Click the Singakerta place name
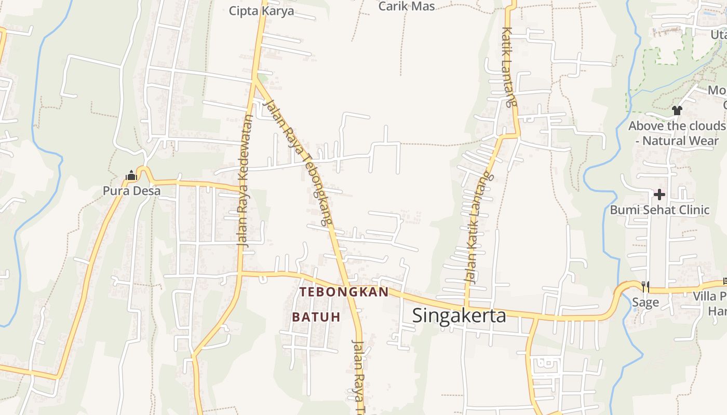tap(459, 315)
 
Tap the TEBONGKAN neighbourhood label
tap(344, 292)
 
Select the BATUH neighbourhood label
tap(316, 317)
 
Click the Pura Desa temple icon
tap(131, 176)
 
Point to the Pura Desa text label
tap(131, 191)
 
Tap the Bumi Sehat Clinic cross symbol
tap(659, 195)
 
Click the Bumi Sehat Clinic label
tap(659, 210)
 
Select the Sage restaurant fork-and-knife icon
tap(645, 286)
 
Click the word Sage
tap(645, 302)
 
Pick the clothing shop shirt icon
tap(677, 110)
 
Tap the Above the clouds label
tap(676, 126)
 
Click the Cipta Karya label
tap(262, 11)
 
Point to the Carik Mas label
tap(407, 6)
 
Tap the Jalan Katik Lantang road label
tap(479, 228)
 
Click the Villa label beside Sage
tap(709, 296)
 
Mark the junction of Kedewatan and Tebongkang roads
tap(255, 79)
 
